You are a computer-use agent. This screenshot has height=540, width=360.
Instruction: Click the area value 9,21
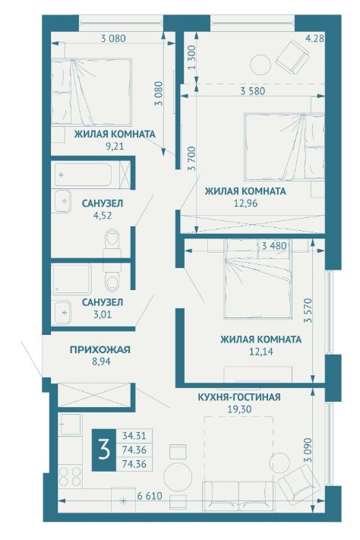(115, 147)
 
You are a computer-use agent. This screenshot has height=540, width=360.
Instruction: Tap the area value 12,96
(245, 204)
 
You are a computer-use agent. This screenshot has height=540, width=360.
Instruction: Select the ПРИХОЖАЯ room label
(100, 349)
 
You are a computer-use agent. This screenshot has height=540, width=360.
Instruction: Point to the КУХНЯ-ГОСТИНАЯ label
(239, 397)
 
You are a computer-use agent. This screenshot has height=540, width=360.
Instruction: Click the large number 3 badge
(104, 450)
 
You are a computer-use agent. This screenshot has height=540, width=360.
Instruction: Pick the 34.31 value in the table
(134, 436)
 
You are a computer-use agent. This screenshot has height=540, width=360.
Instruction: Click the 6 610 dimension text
(149, 496)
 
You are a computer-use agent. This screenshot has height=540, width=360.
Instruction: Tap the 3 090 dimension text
(308, 450)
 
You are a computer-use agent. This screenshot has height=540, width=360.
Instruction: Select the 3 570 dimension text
(308, 311)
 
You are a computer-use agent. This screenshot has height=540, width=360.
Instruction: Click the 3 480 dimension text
(274, 246)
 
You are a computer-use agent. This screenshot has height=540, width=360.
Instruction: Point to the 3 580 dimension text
(253, 91)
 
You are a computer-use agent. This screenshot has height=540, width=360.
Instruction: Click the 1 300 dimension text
(192, 57)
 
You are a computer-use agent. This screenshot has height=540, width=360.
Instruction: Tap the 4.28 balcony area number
(315, 38)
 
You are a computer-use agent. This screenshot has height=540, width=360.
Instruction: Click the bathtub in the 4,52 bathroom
(83, 175)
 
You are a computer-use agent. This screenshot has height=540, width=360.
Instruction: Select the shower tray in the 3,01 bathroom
(71, 279)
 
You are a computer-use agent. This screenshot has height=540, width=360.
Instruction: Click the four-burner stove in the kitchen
(71, 477)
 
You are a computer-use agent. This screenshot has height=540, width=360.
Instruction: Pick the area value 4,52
(103, 216)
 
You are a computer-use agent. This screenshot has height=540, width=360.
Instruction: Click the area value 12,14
(261, 352)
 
